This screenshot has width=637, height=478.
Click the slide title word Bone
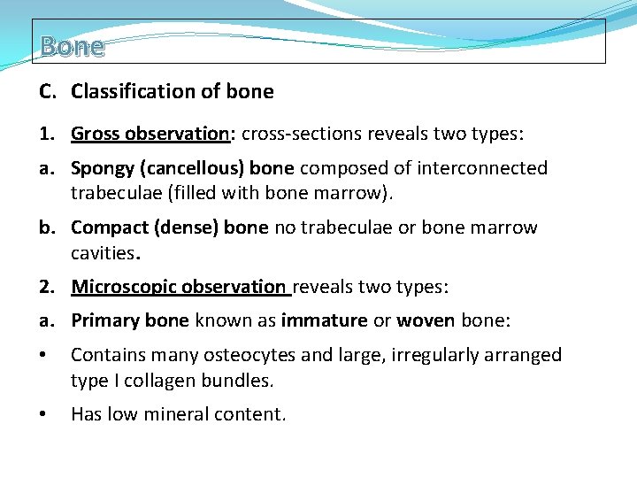73,46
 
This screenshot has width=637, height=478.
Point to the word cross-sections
300,134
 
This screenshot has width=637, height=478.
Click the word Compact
110,227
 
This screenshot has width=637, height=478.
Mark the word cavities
104,254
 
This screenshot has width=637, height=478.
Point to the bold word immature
324,320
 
